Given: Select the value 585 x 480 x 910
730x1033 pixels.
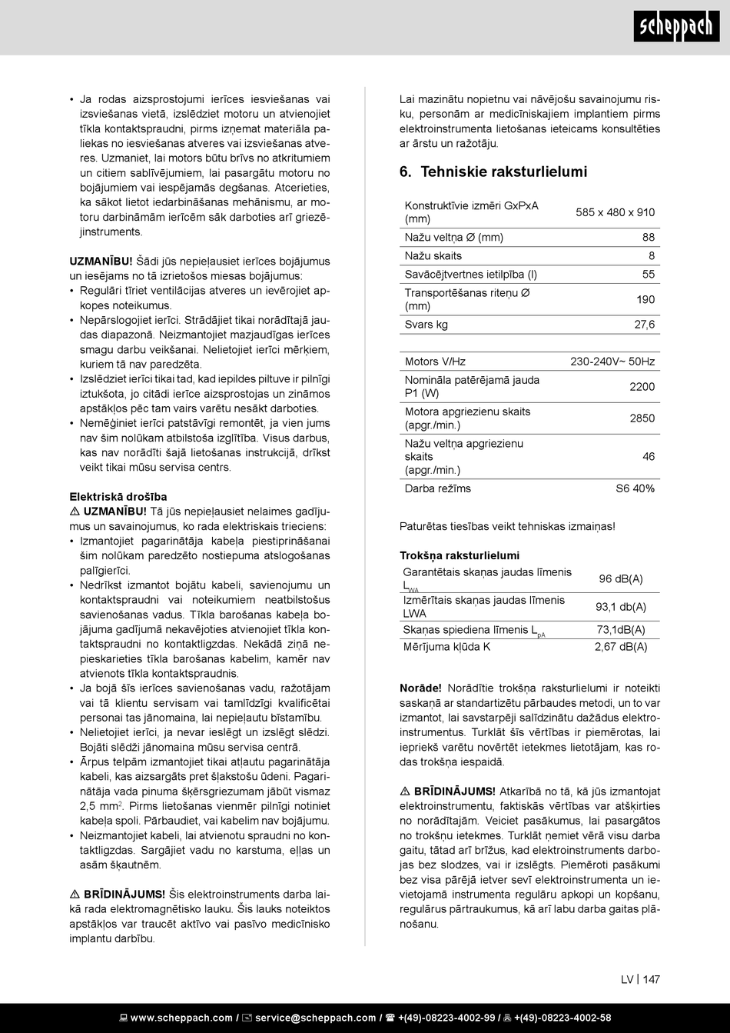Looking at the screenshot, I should pos(615,212).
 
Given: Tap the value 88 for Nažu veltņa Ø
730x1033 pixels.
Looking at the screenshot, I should pos(649,238).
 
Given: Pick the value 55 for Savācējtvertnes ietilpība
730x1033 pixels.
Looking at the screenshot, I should pos(649,275).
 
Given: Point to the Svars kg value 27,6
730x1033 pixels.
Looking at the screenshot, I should pos(644,325).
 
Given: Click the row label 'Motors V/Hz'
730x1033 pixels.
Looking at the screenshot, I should pos(435,362).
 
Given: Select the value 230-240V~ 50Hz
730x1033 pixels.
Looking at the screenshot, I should pos(612,362).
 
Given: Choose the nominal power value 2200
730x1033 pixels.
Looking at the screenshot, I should pos(642,387).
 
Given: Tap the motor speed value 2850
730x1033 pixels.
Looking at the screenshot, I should pos(642,418).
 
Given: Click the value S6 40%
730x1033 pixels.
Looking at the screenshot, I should pos(635,488).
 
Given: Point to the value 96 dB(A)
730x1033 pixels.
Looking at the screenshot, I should pos(621,579).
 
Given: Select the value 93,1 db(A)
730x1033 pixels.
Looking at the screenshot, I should pos(621,607).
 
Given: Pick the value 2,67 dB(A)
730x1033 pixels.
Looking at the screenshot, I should pos(621,647).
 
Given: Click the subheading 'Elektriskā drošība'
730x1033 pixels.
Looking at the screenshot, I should pos(118,497).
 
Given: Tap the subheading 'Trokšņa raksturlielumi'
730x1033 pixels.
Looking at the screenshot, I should pos(460,555).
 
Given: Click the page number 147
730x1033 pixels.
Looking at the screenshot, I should pos(652,979).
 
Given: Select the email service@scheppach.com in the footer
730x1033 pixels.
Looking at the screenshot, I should pos(315,1018).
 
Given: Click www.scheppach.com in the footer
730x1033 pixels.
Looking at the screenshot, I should pos(181,1018).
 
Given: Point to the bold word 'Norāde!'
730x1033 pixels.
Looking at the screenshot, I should pos(420,688).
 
